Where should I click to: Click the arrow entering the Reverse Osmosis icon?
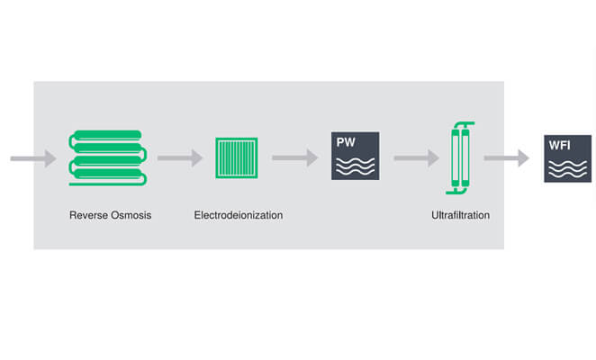(32, 159)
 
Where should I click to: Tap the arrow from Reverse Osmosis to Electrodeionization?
(179, 158)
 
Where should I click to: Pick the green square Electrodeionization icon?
(237, 157)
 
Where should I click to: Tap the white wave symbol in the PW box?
(355, 166)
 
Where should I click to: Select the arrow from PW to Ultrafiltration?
(416, 158)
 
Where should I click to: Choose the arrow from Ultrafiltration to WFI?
(506, 158)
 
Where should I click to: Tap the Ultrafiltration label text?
(460, 216)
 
